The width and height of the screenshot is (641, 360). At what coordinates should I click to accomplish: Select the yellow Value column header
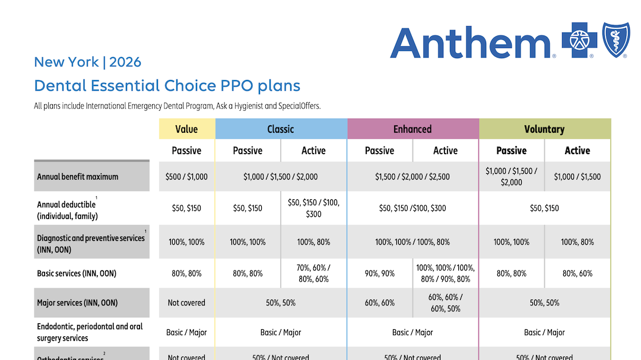(x=186, y=129)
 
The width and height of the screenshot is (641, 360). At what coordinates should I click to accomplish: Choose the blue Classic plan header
(x=281, y=129)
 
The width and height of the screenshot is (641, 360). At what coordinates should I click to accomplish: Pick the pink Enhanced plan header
(x=412, y=129)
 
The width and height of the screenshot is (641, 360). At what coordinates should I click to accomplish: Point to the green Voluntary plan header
(x=544, y=129)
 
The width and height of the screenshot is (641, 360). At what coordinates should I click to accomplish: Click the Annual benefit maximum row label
(x=78, y=177)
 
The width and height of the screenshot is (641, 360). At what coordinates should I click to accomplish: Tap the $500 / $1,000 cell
(x=186, y=177)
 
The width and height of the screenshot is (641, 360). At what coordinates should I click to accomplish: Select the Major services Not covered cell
(x=186, y=302)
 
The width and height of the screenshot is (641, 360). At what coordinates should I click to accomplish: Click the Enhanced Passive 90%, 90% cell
(x=380, y=273)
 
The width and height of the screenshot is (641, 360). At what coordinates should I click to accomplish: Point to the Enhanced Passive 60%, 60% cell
(x=380, y=302)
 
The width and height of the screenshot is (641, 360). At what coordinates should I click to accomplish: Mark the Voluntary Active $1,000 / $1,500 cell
(x=577, y=177)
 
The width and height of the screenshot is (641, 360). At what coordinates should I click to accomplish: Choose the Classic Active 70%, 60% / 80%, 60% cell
(x=313, y=273)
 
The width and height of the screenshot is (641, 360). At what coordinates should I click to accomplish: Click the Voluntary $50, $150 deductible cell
(x=544, y=208)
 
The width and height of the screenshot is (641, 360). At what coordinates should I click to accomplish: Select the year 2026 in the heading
(x=125, y=62)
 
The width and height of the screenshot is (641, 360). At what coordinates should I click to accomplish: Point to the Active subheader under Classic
(x=313, y=151)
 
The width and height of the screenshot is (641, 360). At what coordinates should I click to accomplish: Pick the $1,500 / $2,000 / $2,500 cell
(x=412, y=177)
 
